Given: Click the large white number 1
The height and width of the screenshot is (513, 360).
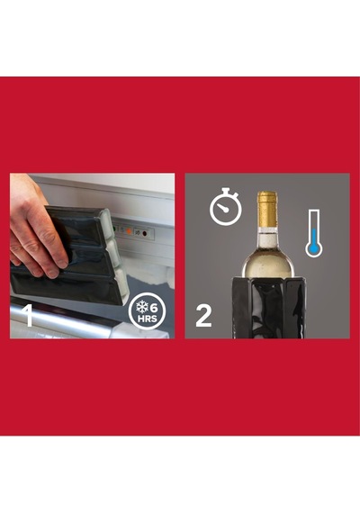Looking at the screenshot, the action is click(29, 315).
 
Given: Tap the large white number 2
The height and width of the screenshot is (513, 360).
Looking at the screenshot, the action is click(203, 315).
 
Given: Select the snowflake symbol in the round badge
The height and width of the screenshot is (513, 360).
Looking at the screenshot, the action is click(142, 307).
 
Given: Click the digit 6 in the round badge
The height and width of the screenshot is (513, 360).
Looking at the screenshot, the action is click(154, 308).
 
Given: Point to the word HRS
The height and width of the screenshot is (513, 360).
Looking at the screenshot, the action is click(148, 319).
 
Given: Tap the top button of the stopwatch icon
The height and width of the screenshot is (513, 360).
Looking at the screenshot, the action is click(226, 191).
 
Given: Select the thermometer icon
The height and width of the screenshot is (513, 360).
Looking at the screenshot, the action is click(314, 233).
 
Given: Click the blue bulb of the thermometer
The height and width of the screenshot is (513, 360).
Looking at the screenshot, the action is click(314, 250).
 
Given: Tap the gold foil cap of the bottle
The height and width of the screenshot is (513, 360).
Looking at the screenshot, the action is click(267, 209).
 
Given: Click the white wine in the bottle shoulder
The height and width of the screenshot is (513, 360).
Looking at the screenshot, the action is click(267, 265).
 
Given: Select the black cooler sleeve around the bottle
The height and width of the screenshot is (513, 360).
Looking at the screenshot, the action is click(269, 308).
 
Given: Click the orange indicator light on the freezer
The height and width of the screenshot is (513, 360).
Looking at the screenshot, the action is click(129, 231).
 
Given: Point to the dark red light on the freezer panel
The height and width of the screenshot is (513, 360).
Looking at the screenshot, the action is click(144, 233).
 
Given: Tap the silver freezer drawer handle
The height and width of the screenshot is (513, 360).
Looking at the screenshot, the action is click(62, 317).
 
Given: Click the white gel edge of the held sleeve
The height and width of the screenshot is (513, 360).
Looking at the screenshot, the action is click(114, 256).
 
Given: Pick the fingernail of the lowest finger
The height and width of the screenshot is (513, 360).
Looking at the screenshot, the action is click(51, 273).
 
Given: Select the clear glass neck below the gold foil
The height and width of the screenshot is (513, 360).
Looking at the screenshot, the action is click(267, 238).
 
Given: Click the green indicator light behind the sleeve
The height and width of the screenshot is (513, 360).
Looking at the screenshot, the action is click(113, 229).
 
